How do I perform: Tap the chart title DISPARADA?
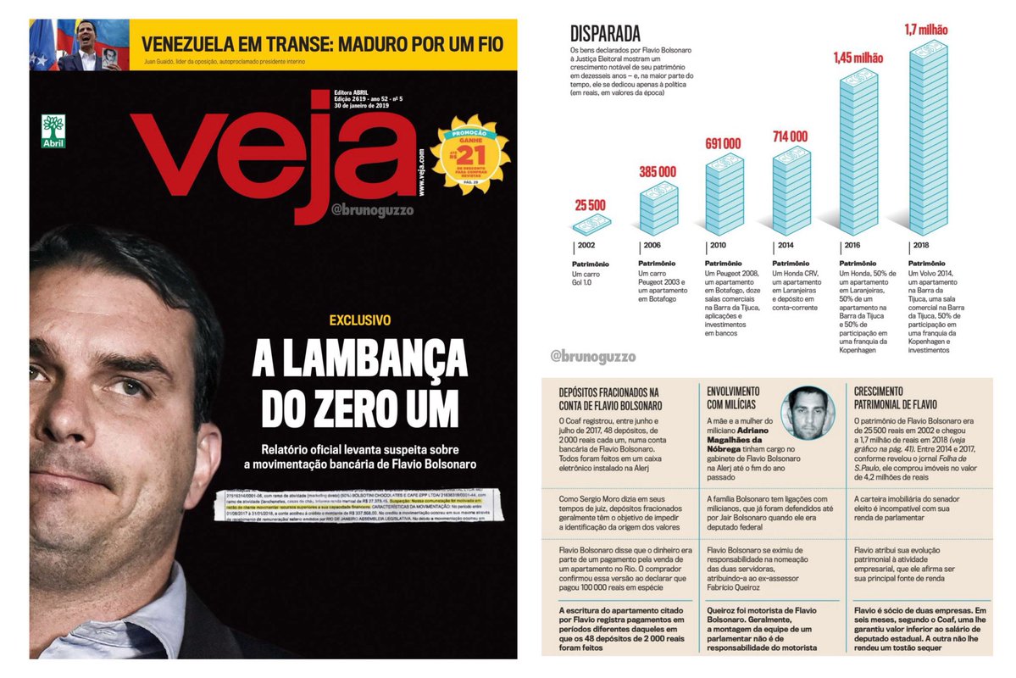(605, 36)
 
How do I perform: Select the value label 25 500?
(591, 205)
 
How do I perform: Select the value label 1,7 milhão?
(926, 30)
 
